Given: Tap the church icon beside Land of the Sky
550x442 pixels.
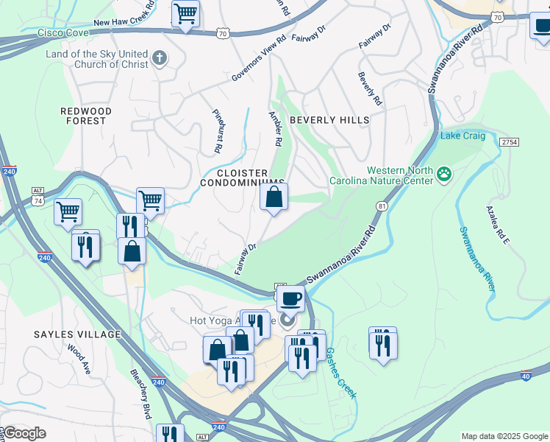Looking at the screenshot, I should (159, 57).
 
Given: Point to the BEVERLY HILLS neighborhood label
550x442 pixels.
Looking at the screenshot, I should (329, 120).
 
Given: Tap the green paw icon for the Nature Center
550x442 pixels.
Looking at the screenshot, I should (444, 175).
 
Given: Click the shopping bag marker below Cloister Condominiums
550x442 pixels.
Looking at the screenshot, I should (274, 197).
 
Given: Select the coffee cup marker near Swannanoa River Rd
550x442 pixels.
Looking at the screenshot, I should (291, 298).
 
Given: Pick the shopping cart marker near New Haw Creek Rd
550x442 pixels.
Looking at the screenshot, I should (185, 13).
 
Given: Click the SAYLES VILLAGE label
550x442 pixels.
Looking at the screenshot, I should (76, 334).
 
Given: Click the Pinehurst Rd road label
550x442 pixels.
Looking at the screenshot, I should (218, 131).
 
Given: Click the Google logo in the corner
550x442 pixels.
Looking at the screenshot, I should (24, 433).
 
